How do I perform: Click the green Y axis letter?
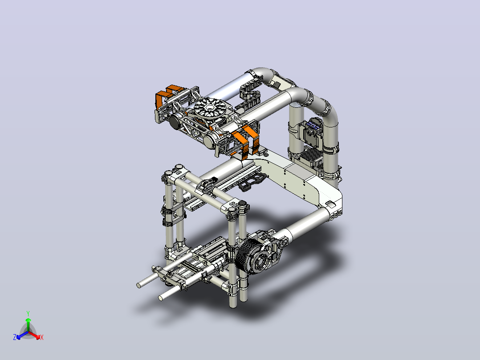click(28, 314)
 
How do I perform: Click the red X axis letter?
click(42, 337)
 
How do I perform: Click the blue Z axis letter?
click(15, 337)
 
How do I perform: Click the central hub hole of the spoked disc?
click(210, 107)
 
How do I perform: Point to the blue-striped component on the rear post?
click(313, 126)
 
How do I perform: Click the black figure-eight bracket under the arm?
click(252, 181)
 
